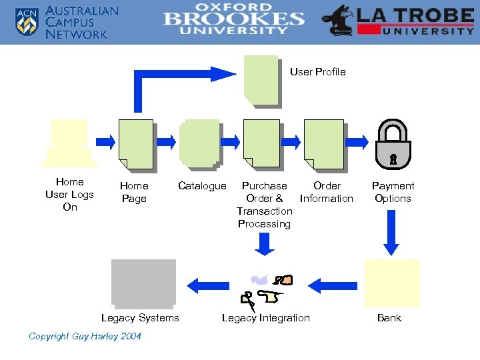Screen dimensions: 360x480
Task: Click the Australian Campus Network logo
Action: (x=67, y=23)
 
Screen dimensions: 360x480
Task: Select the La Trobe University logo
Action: (x=398, y=21)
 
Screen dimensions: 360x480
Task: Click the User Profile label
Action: (x=317, y=72)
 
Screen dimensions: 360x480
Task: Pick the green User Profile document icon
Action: (x=261, y=81)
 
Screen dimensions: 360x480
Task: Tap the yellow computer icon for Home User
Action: (x=69, y=143)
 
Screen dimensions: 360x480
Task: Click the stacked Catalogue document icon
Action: (x=200, y=142)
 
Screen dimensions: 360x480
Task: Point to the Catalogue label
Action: (x=202, y=186)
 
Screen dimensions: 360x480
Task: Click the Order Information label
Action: (x=327, y=192)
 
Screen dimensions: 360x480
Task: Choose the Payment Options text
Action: (x=393, y=192)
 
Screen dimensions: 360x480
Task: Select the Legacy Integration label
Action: (x=265, y=318)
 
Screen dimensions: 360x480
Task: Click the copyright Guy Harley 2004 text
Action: (x=85, y=336)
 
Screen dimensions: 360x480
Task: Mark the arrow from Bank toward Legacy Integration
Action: (x=333, y=285)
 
